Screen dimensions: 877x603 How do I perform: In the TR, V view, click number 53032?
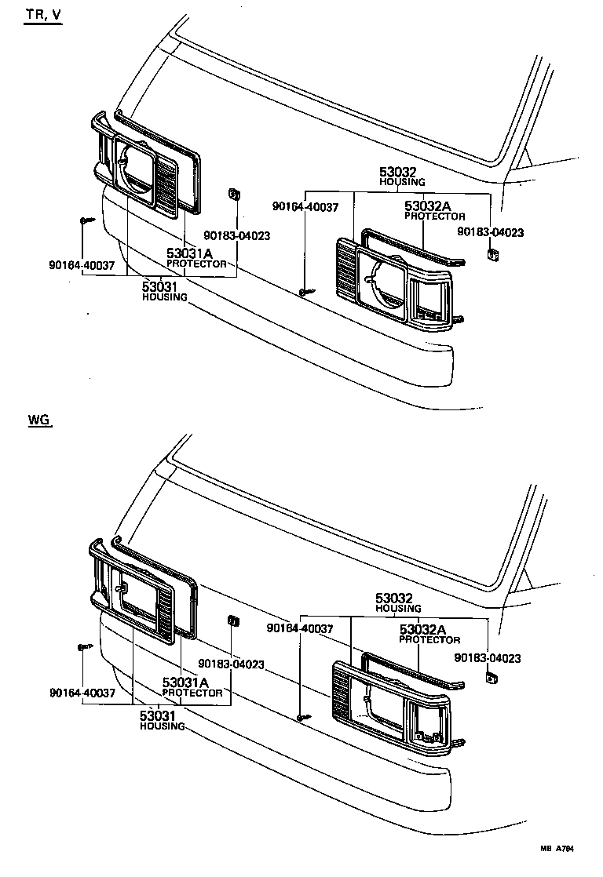(x=397, y=173)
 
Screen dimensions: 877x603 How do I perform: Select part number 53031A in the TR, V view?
(x=189, y=253)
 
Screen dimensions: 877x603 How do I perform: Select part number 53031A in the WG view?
(x=185, y=683)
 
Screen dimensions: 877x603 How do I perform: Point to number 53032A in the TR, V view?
(x=429, y=206)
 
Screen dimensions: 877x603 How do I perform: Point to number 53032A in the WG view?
(x=422, y=630)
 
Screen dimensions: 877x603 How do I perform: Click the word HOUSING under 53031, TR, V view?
(x=164, y=297)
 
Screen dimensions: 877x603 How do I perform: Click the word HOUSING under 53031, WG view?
(x=163, y=726)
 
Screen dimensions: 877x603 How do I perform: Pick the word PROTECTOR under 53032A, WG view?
(x=429, y=640)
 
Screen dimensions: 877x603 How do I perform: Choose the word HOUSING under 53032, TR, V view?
(x=402, y=182)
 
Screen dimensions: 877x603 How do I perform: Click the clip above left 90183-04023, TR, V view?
(x=233, y=195)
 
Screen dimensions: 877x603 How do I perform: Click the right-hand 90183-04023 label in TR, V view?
(x=491, y=232)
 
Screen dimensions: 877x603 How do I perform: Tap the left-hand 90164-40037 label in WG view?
(x=82, y=693)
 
